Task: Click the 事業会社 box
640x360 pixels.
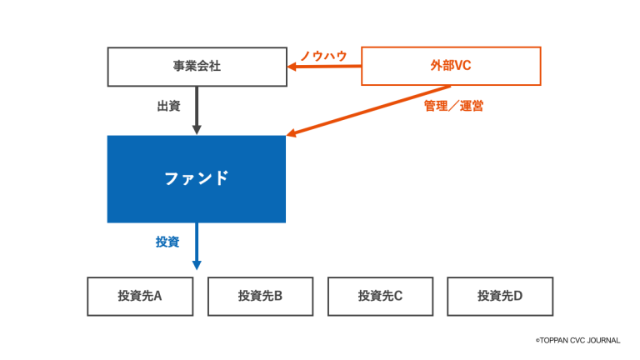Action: tap(197, 67)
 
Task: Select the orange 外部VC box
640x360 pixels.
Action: tap(451, 66)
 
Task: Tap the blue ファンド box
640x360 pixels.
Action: tap(196, 178)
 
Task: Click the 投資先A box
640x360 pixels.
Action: tap(140, 296)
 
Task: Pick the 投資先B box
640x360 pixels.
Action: tap(260, 296)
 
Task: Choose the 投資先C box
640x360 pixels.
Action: tap(380, 296)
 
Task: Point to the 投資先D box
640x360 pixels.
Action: tap(500, 296)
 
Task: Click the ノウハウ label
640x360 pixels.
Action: tap(323, 55)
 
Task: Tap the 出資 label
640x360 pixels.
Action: tap(168, 107)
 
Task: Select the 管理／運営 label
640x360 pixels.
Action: tap(453, 107)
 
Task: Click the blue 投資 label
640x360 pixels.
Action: tap(167, 242)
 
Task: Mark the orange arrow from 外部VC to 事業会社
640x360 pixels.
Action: tap(325, 67)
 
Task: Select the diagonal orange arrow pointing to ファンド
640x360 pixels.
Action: tap(367, 110)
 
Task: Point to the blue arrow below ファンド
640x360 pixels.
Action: tap(197, 245)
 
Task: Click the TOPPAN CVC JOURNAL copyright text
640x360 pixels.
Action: tap(577, 340)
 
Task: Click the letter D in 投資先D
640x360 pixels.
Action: tap(518, 296)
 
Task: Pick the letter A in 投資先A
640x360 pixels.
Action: tap(157, 296)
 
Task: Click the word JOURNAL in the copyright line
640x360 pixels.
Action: tap(602, 340)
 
